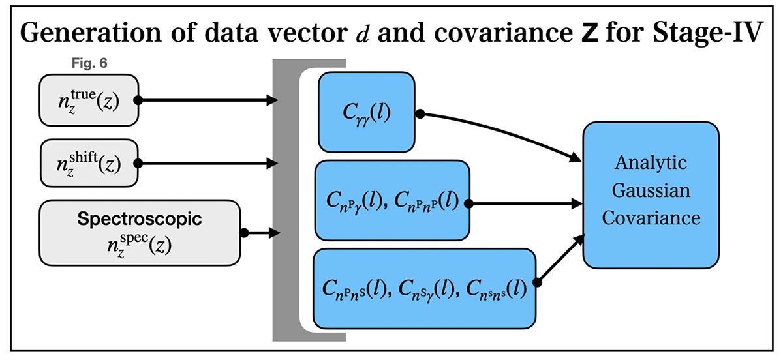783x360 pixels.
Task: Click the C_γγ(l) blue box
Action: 366,112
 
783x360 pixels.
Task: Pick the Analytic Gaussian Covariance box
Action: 651,195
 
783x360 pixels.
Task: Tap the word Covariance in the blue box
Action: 651,218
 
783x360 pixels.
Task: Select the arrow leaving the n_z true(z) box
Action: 209,100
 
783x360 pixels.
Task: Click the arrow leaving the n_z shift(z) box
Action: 209,163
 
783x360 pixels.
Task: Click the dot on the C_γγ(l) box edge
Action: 420,113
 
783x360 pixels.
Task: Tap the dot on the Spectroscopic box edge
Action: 244,232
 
